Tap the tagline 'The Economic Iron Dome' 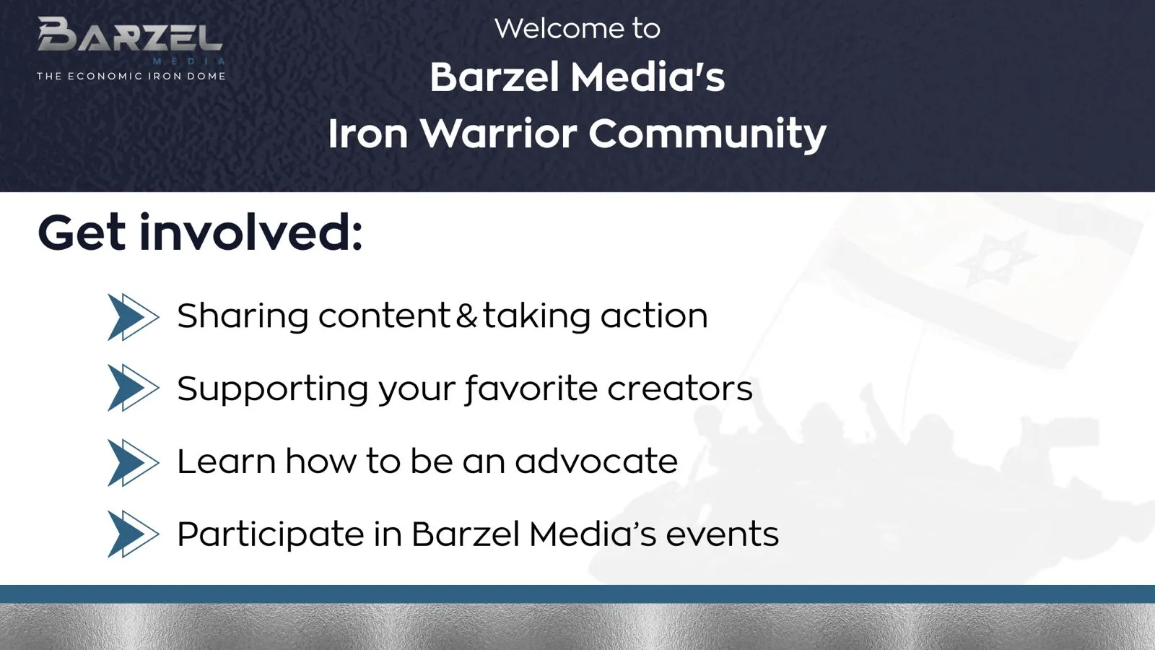coord(131,77)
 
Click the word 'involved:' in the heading coord(251,233)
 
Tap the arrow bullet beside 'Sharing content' coord(133,317)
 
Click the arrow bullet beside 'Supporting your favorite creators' coord(133,387)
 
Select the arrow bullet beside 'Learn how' coord(133,462)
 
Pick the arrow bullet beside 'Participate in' coord(133,534)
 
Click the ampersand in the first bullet coord(466,316)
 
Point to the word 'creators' coord(680,389)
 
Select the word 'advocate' coord(596,461)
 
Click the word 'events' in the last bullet coord(722,534)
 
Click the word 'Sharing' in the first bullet coord(243,317)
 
